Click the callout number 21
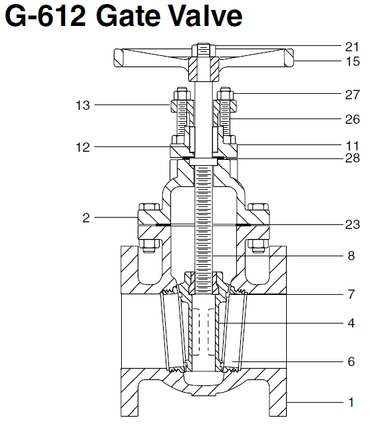tap(352, 47)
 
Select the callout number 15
tap(352, 61)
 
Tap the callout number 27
tap(352, 95)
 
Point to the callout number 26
tap(352, 120)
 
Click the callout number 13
tap(83, 105)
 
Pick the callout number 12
tap(83, 146)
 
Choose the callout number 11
tap(352, 144)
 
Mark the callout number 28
tap(352, 158)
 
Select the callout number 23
tap(352, 225)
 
